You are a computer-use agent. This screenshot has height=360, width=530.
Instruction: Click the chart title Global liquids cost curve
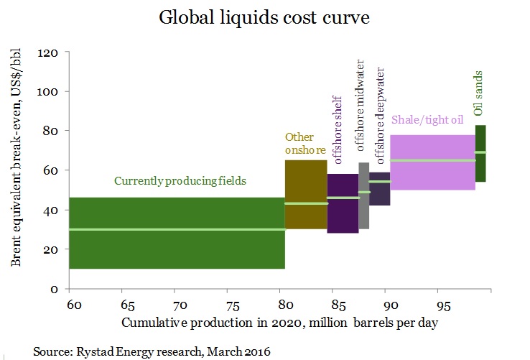(265, 19)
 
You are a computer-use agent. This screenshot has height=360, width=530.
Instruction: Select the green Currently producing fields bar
(177, 248)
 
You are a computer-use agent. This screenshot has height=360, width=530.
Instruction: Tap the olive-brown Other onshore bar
(306, 180)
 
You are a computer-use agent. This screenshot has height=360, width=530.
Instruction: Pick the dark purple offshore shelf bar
(343, 216)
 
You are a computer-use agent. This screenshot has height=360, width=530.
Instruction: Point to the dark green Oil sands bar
(480, 169)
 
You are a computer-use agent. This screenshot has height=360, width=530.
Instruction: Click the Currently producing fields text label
(180, 182)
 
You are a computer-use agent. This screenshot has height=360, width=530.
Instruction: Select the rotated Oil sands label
(478, 94)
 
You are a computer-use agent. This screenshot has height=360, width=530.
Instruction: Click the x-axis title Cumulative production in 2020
(280, 324)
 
